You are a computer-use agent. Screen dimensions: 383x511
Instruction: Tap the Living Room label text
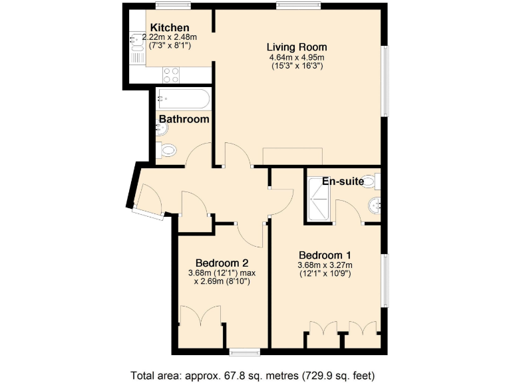tap(297, 47)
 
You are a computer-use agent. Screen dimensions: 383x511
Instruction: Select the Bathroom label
tap(184, 120)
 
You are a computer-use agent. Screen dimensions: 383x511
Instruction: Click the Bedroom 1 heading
tap(325, 255)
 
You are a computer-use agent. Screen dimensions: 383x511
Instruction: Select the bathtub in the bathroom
tap(184, 100)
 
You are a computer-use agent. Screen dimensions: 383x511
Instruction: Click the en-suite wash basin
tap(376, 205)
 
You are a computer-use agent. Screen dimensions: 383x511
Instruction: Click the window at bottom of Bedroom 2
tap(244, 351)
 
